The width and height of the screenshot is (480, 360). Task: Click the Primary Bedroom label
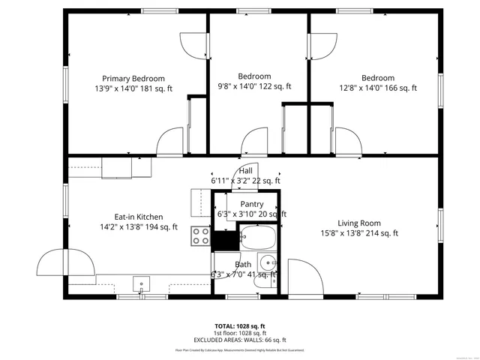coord(133,78)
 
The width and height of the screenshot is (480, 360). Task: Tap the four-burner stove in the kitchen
coord(200,236)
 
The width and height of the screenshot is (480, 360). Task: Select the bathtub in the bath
coord(259,240)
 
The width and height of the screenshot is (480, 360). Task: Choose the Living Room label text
coord(358,223)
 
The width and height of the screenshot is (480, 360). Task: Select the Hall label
coord(246,170)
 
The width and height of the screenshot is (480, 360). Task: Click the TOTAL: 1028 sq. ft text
coord(240,326)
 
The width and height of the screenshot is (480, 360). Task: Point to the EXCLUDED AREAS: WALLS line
coord(240,340)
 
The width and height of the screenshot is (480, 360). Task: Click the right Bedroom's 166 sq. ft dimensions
coord(377,88)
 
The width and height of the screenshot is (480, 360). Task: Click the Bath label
coord(243,265)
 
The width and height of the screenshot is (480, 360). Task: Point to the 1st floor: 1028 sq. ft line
coord(240,333)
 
